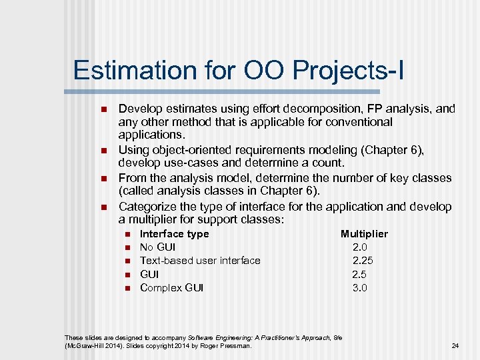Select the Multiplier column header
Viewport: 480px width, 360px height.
(x=364, y=234)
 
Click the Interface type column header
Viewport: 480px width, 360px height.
(x=174, y=234)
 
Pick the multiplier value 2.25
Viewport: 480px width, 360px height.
(x=363, y=261)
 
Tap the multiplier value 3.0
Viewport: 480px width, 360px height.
(x=360, y=288)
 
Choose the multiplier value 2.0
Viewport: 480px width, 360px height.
(x=360, y=247)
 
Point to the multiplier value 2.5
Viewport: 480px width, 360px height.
(x=360, y=274)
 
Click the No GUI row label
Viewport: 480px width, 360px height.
(x=157, y=247)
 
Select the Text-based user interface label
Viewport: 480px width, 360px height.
(x=200, y=261)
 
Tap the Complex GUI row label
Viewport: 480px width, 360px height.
(x=171, y=288)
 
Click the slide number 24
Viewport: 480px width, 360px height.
(x=455, y=346)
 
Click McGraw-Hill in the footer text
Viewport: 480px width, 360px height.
(x=85, y=346)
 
